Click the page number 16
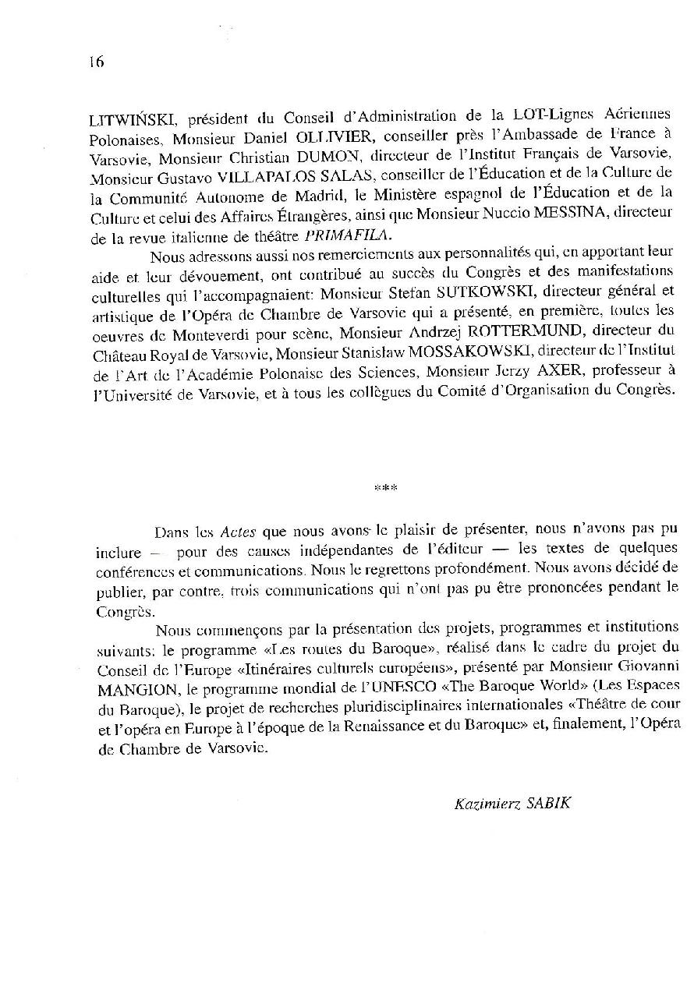point(97,62)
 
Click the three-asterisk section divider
point(385,489)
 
